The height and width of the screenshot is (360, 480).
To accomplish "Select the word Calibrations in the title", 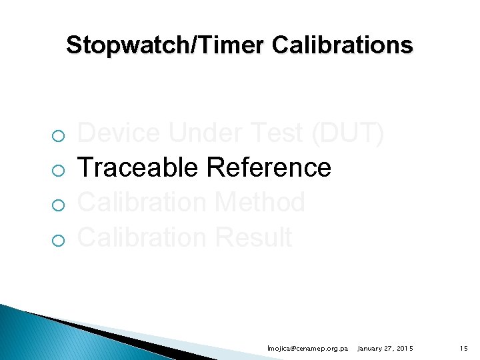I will click(x=343, y=45).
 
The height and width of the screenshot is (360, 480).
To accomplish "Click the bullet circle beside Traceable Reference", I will click(x=58, y=171).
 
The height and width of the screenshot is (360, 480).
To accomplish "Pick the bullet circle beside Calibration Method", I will click(x=58, y=206).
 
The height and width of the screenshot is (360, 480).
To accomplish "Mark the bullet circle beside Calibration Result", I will click(x=58, y=241).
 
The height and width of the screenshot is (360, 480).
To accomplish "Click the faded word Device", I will click(x=119, y=134).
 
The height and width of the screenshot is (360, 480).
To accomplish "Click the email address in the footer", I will click(x=307, y=349).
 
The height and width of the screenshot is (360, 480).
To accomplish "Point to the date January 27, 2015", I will click(x=385, y=349).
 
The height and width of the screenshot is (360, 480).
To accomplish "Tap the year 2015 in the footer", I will click(x=404, y=349).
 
